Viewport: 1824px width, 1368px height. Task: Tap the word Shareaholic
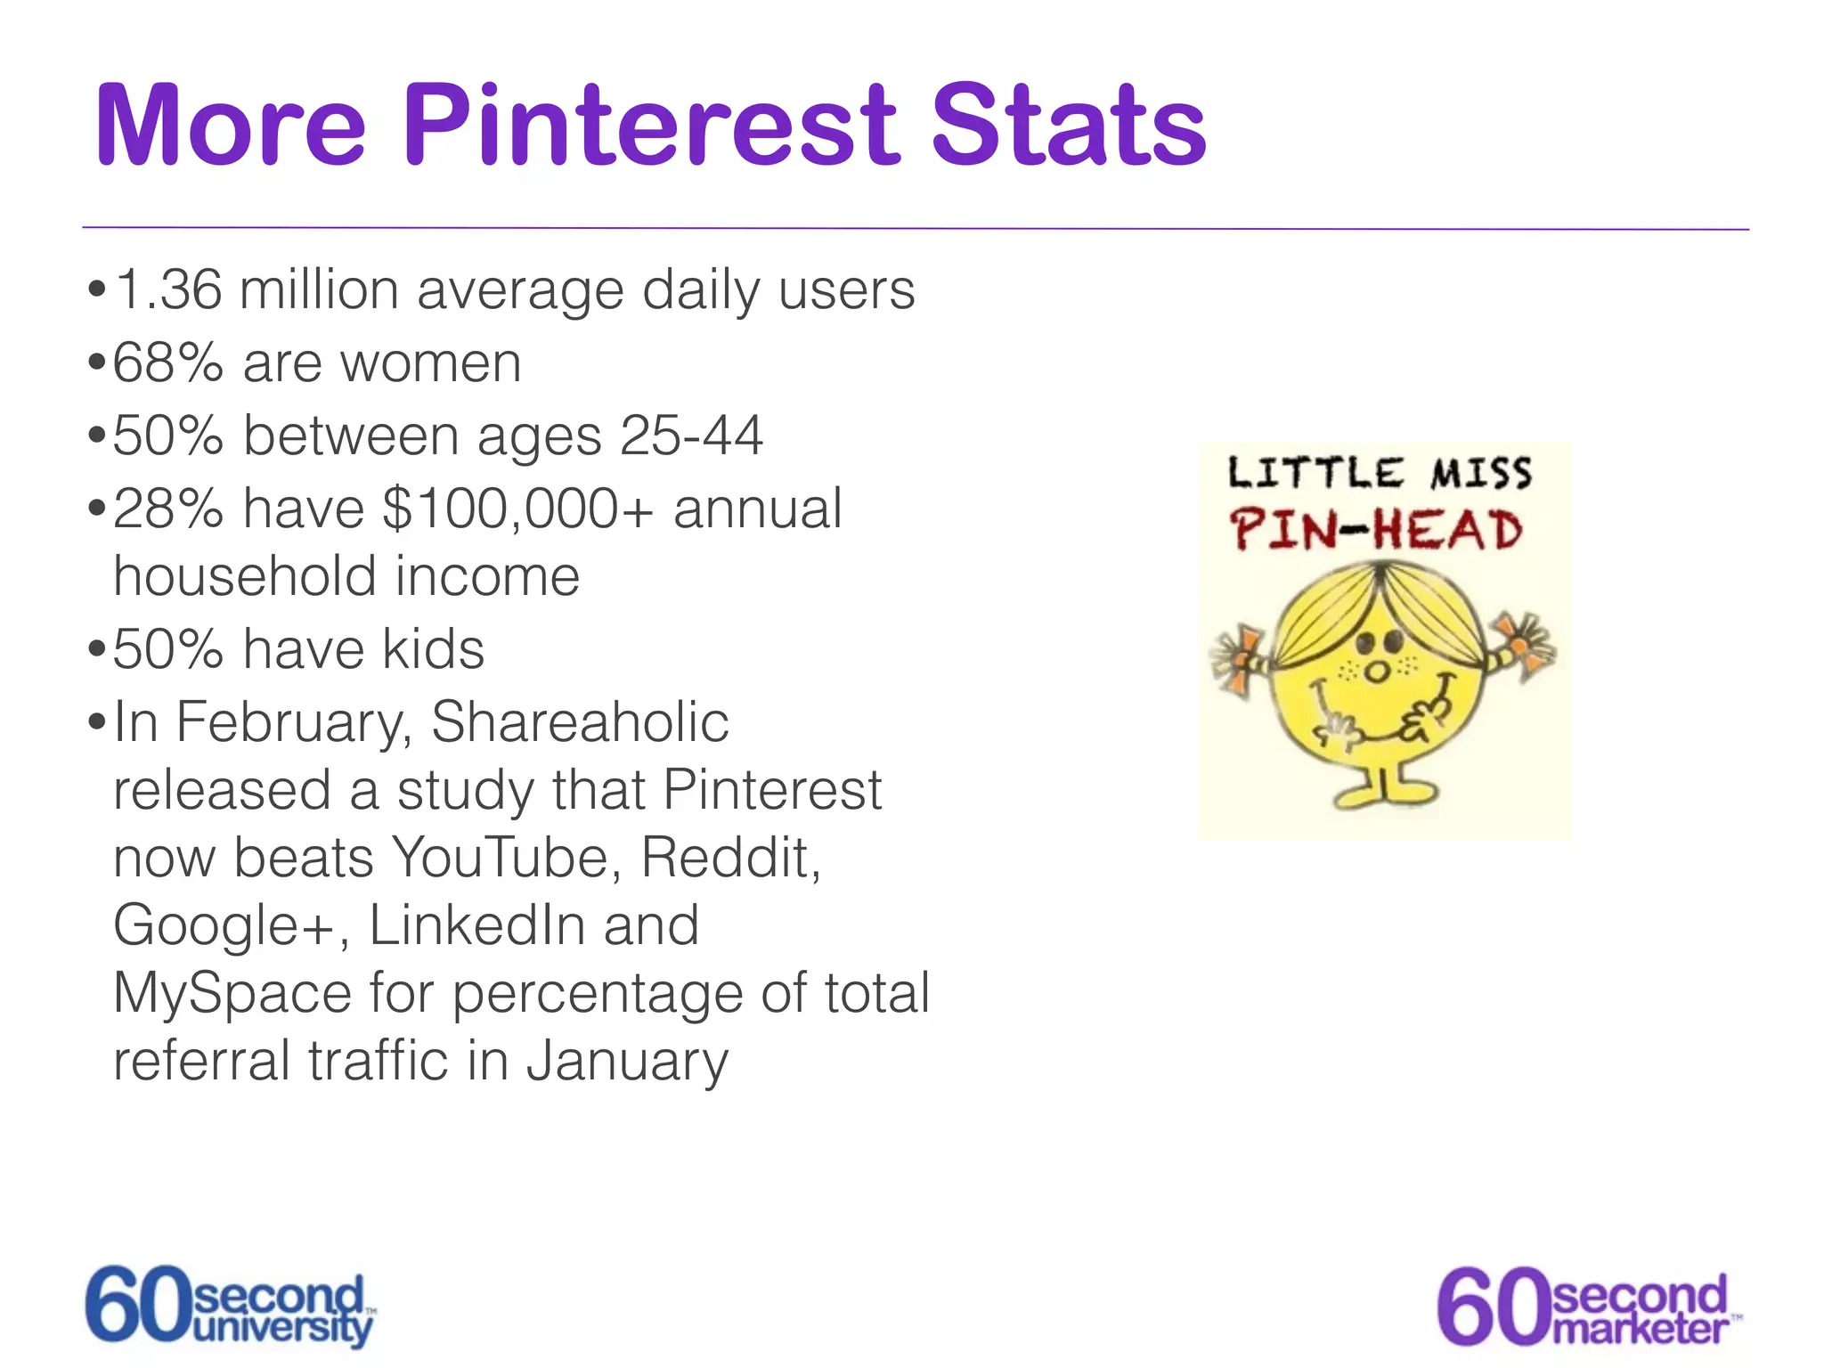[x=580, y=722]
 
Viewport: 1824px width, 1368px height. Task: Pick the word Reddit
[x=729, y=859]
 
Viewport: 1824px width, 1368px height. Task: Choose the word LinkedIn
[x=476, y=926]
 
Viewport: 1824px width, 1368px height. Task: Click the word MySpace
[x=232, y=994]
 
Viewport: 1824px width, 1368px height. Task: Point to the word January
[x=627, y=1062]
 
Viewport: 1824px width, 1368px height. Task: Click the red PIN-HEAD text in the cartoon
[x=1376, y=530]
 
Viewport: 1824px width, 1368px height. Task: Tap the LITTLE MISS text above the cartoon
[x=1380, y=473]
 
